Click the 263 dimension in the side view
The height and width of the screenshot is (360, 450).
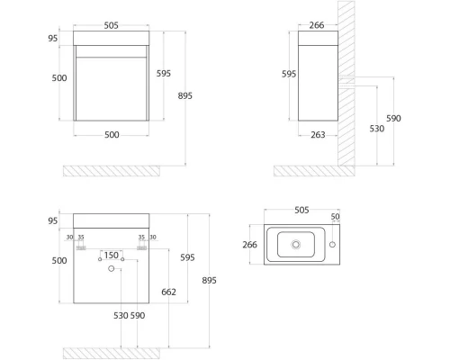318,135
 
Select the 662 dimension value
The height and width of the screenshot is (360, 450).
168,292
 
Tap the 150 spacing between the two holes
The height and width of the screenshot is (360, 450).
111,256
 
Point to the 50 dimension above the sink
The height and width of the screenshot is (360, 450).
335,216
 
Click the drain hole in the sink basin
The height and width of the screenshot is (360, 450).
296,245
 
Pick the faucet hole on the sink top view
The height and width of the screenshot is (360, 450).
332,245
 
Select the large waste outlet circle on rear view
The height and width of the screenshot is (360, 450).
112,268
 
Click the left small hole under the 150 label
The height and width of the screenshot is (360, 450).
100,259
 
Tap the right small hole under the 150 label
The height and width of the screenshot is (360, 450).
122,259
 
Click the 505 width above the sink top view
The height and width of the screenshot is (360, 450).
301,210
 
